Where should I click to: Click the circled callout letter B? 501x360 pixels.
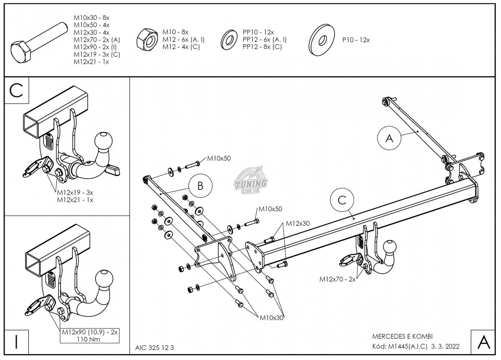point(200,186)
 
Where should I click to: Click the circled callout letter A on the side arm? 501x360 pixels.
point(389,139)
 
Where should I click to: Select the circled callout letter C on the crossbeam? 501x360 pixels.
point(342,200)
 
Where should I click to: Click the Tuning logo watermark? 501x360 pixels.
point(252,182)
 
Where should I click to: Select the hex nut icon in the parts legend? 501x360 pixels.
point(146,39)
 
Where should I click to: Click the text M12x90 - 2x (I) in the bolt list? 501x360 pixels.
point(96,47)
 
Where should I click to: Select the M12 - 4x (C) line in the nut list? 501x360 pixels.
point(181,47)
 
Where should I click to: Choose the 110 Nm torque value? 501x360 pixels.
point(89,340)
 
